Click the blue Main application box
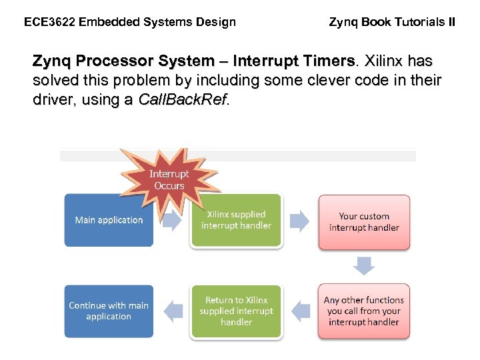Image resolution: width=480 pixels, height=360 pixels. tap(109, 220)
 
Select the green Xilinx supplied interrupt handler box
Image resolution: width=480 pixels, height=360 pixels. tap(236, 221)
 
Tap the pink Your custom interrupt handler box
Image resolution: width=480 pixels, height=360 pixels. tap(364, 222)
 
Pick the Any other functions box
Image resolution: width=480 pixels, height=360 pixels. tap(364, 311)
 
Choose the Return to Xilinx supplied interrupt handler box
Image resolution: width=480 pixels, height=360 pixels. tap(236, 311)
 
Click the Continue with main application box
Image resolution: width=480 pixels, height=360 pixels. tap(109, 311)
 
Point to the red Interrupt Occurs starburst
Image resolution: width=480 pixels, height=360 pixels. tap(169, 179)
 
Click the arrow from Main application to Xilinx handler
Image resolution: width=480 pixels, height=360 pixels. tap(171, 221)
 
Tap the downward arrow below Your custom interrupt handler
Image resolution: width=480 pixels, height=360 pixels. tap(364, 266)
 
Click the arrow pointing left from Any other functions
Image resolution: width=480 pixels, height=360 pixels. tap(301, 311)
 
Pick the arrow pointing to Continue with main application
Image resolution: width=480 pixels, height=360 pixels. tap(173, 311)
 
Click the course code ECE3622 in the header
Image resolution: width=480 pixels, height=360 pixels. tap(49, 22)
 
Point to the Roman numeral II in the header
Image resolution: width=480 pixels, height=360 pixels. tap(451, 22)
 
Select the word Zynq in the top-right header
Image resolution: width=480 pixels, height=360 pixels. tap(343, 22)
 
